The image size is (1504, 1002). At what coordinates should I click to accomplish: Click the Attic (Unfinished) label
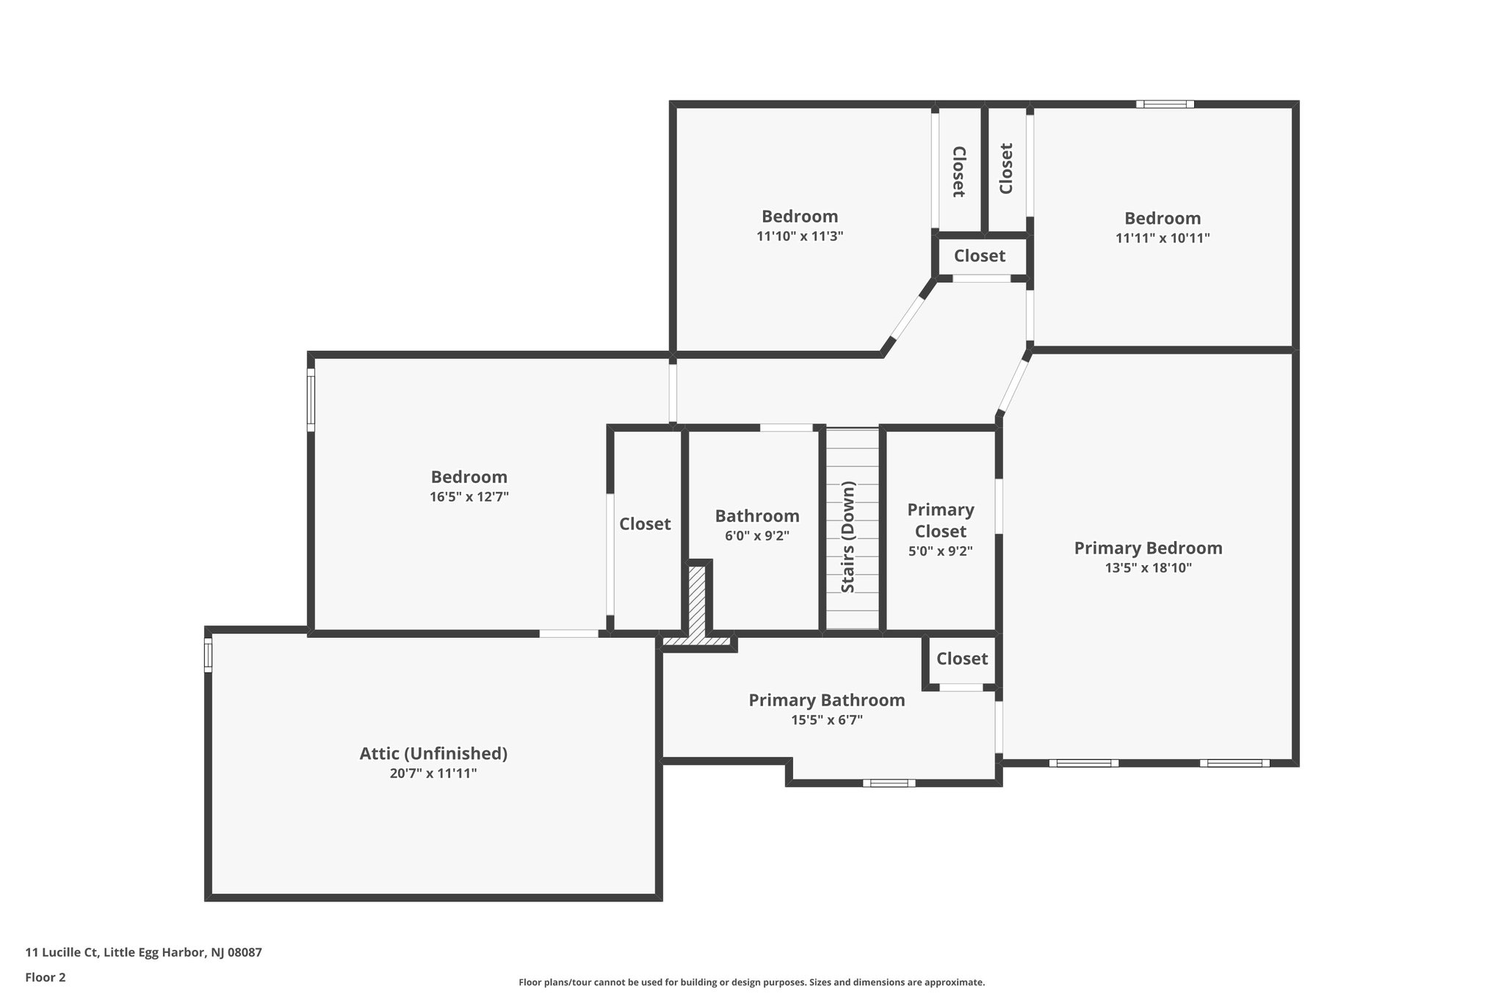pos(433,753)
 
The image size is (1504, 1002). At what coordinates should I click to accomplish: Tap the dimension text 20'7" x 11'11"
pos(433,773)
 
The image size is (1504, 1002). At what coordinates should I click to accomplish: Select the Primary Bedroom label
pos(1148,548)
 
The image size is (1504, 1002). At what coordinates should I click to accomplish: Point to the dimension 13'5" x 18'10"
pos(1148,567)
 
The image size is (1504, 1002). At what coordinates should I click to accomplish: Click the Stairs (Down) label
pos(848,537)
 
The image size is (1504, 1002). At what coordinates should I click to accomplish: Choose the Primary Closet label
pos(940,520)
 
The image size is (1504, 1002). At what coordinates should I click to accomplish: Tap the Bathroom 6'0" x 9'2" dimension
pos(756,536)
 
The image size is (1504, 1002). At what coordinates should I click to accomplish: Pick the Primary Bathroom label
pos(826,700)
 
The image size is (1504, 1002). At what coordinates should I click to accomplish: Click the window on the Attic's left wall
pos(208,655)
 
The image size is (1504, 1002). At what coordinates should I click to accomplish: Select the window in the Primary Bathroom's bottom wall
pos(889,783)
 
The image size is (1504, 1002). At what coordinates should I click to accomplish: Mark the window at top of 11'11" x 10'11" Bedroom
pos(1165,104)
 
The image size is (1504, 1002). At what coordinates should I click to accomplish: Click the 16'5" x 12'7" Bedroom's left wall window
pos(311,400)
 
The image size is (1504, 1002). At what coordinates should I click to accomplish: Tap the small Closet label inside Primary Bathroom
pos(962,658)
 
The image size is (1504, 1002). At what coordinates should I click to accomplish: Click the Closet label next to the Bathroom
pos(645,523)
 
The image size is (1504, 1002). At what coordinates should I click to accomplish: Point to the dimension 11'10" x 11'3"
pos(800,236)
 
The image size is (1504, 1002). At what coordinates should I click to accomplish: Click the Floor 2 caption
pos(46,977)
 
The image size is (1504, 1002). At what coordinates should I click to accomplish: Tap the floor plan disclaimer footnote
pos(751,982)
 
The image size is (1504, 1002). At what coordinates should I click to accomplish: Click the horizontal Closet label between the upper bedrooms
pos(979,256)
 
